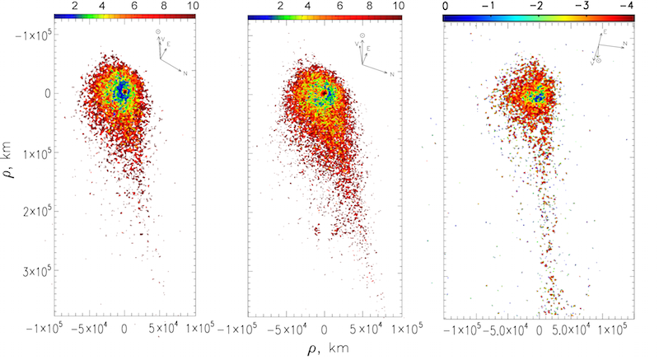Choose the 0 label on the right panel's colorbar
[446, 6]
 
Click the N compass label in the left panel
[185, 73]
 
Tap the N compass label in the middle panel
[392, 75]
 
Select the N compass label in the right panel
[625, 43]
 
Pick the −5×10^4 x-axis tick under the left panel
[86, 330]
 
